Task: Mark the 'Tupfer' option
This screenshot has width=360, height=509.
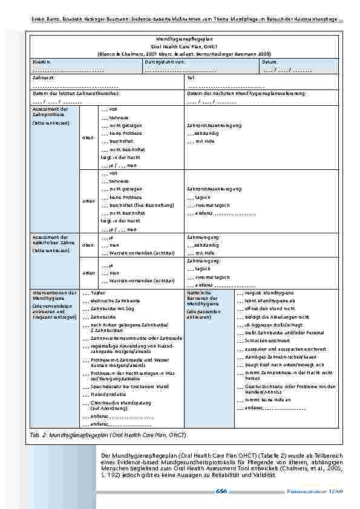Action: pyautogui.click(x=97, y=292)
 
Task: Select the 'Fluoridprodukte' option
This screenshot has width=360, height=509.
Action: pyautogui.click(x=106, y=394)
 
